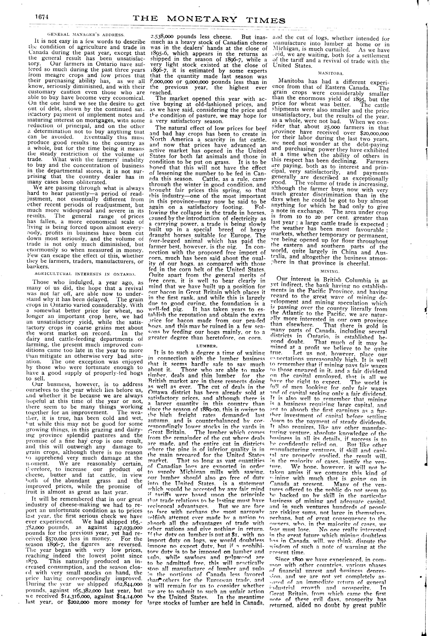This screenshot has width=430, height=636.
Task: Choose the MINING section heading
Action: (330, 271)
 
